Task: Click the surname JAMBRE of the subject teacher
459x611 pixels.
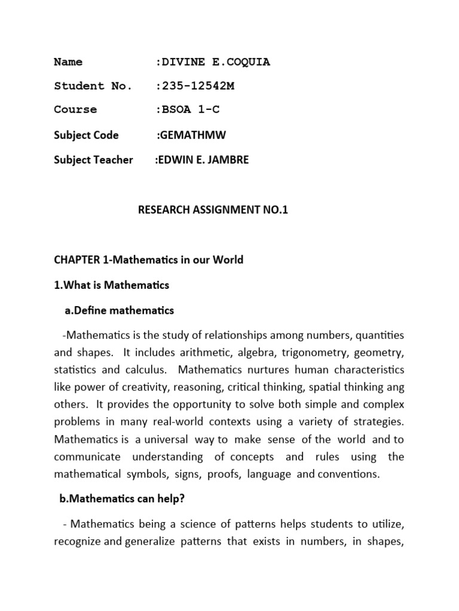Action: pyautogui.click(x=227, y=160)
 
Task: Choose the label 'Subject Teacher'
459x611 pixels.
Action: pyautogui.click(x=93, y=160)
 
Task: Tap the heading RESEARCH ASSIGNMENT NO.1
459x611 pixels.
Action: pyautogui.click(x=213, y=210)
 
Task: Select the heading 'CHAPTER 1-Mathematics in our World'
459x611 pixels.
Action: pyautogui.click(x=149, y=260)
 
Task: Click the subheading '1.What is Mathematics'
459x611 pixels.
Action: pyautogui.click(x=112, y=285)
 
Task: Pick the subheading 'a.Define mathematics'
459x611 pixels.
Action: pyautogui.click(x=119, y=310)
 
